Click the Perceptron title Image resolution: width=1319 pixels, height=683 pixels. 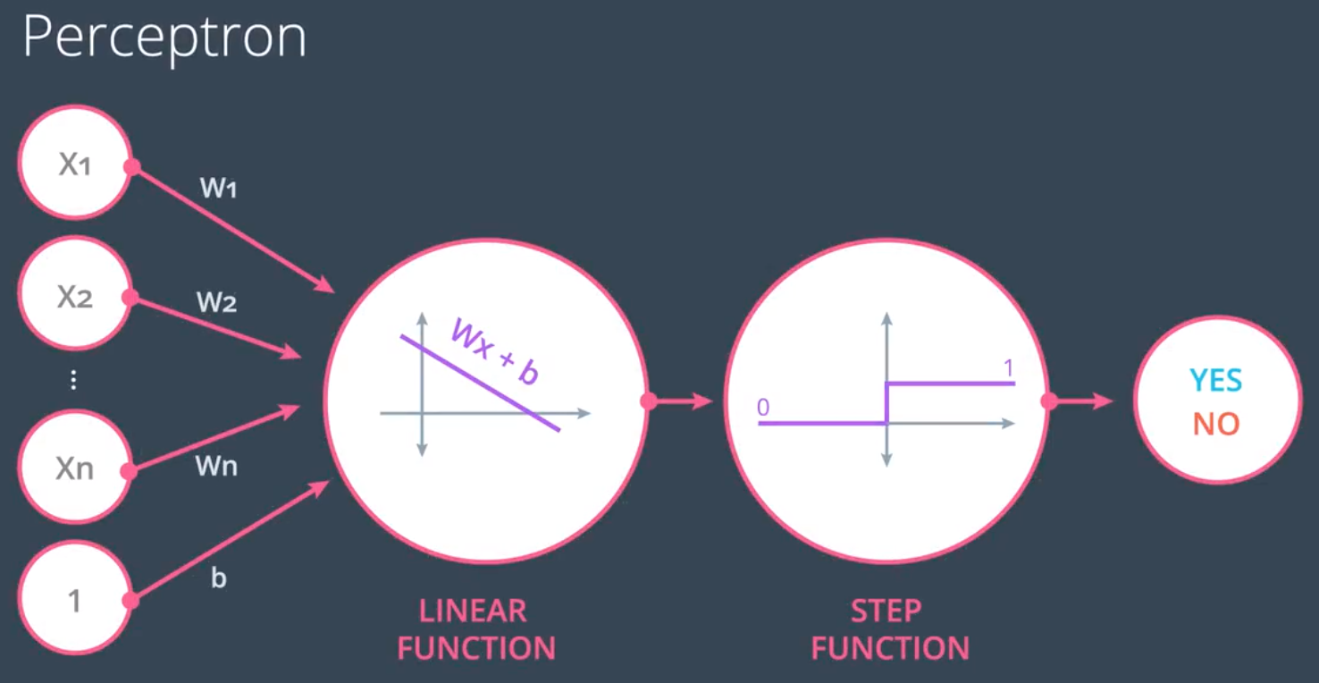click(164, 38)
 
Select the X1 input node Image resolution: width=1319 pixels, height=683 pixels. click(75, 164)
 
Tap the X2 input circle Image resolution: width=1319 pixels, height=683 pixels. click(75, 296)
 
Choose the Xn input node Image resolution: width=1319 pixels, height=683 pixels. click(75, 468)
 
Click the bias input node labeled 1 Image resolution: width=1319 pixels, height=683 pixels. click(75, 601)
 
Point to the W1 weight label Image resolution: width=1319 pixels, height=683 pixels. click(218, 189)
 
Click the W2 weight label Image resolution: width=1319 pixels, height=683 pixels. click(216, 302)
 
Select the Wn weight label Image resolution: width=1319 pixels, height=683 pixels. click(216, 466)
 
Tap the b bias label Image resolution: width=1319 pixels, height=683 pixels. click(218, 578)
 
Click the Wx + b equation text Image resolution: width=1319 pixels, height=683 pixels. click(494, 351)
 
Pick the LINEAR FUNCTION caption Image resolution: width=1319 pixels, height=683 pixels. click(475, 629)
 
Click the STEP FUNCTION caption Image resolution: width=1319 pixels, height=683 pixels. click(889, 629)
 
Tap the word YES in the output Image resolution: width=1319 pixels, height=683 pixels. click(1215, 381)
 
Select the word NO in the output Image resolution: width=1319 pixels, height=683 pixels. click(1215, 424)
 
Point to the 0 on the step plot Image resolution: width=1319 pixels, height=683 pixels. click(762, 408)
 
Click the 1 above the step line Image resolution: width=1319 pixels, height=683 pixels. click(1009, 367)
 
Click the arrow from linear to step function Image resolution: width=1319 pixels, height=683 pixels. click(681, 401)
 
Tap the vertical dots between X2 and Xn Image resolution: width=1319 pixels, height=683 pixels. click(73, 381)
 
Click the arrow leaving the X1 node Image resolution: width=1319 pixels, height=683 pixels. click(232, 228)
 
